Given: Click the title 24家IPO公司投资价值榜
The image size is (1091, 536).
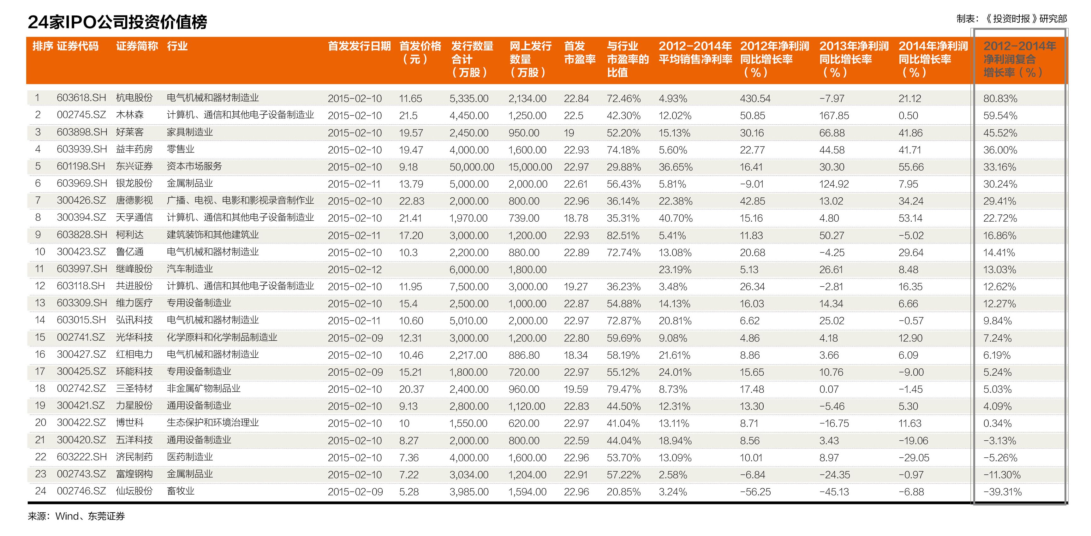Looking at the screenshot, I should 117,22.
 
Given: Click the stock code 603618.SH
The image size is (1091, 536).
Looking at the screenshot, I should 81,98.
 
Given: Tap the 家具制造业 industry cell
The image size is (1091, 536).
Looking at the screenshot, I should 189,132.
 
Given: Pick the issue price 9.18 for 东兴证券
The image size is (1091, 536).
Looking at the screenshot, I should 408,167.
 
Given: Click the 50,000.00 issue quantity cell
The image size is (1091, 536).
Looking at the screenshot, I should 471,167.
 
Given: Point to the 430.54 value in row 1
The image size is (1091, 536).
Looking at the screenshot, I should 755,98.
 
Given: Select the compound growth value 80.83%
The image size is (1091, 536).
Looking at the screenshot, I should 1000,98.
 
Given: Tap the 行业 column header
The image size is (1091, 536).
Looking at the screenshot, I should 177,46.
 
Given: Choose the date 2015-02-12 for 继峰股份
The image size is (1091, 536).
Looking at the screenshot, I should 354,269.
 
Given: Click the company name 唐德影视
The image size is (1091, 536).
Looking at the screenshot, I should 134,200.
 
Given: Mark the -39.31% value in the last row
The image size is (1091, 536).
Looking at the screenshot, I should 1002,491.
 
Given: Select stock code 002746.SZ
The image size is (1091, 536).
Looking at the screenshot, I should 81,491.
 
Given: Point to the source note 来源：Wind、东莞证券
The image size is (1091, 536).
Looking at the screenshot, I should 76,516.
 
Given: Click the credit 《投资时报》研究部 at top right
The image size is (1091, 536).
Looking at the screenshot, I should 1025,19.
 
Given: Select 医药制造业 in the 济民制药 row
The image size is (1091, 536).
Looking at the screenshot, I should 189,457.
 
